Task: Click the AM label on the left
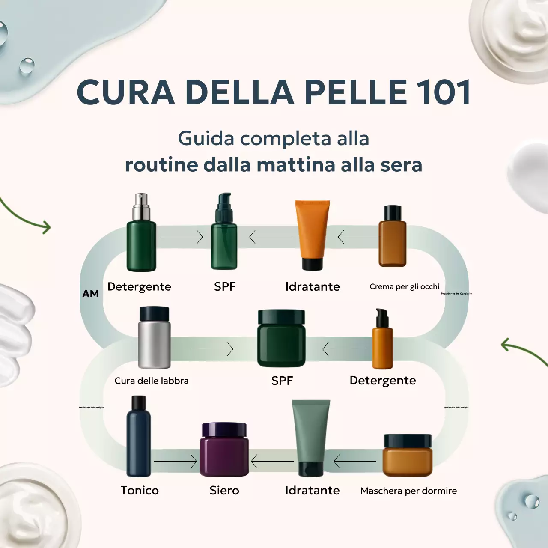point(90,294)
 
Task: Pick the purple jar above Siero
point(224,450)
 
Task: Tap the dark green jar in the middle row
point(281,340)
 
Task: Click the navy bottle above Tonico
point(139,441)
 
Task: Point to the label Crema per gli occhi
point(404,286)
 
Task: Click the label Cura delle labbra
point(152,381)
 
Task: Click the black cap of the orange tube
point(312,264)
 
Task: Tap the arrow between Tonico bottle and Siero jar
point(175,461)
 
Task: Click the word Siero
point(224,490)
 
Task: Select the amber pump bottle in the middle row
point(382,342)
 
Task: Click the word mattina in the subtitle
point(295,165)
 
